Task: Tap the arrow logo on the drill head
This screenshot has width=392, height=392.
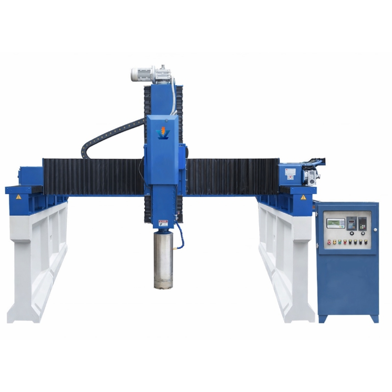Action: [162, 133]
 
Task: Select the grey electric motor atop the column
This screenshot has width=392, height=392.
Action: [142, 74]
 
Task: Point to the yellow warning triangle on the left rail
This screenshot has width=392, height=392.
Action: [19, 196]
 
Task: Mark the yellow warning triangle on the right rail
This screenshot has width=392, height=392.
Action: [303, 197]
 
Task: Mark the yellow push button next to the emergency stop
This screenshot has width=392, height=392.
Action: [335, 242]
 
